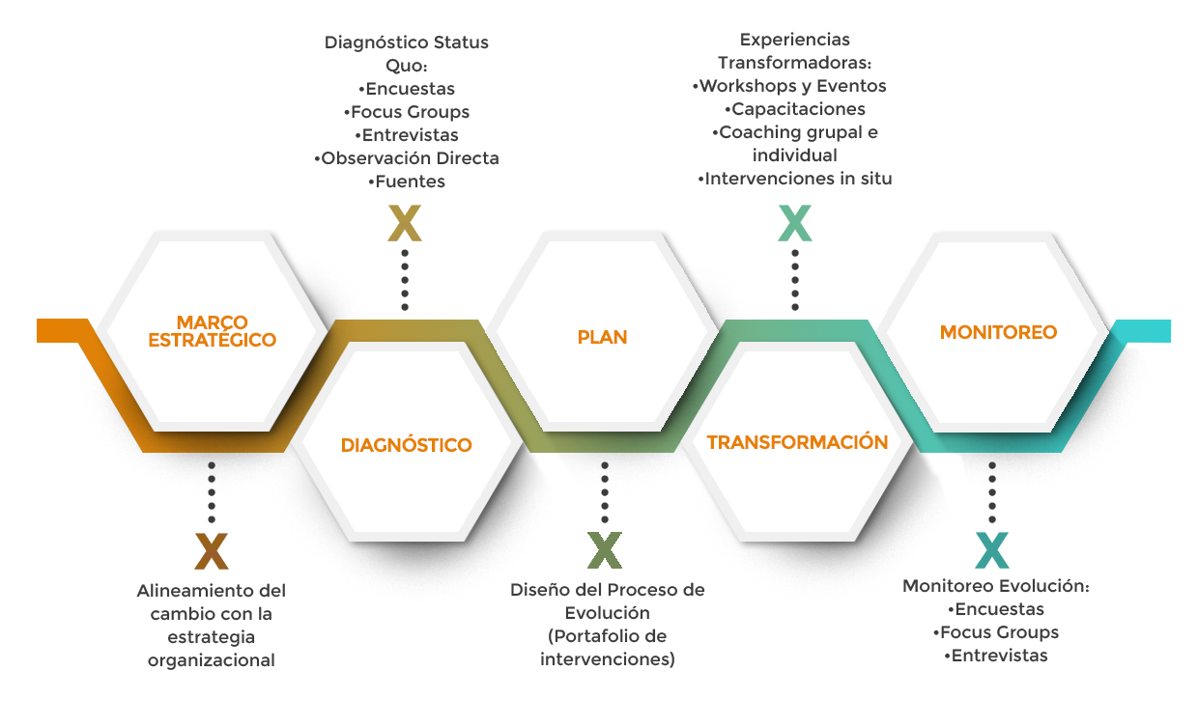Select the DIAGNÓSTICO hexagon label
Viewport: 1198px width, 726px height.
406,445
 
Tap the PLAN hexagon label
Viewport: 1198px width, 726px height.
602,337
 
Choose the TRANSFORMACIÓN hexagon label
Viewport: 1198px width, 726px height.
797,442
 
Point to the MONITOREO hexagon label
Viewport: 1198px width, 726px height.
998,332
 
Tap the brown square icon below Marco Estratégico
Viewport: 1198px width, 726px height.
212,550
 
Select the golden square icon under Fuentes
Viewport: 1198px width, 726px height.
405,223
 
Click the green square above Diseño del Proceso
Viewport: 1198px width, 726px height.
605,550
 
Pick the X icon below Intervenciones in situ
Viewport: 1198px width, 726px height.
795,223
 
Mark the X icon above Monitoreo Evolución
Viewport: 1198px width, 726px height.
992,550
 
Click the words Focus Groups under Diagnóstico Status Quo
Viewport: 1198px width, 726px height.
407,112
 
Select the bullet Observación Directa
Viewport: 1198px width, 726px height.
407,158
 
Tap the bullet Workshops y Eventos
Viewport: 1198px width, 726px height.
791,86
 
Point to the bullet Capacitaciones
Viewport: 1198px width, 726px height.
795,109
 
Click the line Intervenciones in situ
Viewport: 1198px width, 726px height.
795,178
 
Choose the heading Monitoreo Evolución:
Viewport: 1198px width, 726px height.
995,586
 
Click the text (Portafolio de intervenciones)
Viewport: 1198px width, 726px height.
606,648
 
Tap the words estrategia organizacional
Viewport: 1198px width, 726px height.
212,649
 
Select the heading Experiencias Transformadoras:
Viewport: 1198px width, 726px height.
795,52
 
